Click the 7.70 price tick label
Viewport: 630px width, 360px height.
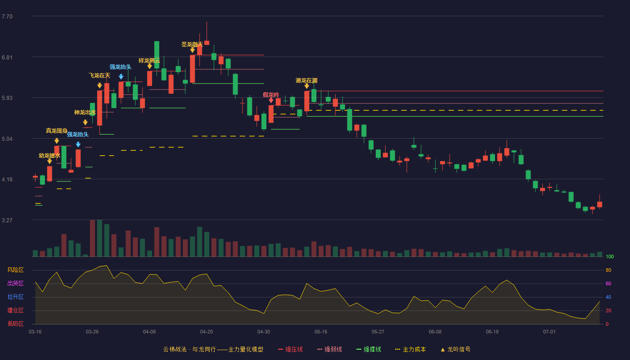coord(7,17)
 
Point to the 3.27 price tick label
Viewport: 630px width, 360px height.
coord(7,220)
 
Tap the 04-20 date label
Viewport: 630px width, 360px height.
coord(207,332)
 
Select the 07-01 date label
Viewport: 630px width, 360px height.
coord(549,332)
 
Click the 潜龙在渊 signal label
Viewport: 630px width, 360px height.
coord(306,81)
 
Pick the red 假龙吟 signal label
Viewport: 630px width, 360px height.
coord(271,95)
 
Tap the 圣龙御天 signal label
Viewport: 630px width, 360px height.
coord(192,45)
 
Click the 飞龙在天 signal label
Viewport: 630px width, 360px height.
coord(99,76)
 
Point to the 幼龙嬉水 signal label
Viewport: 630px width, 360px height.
coord(49,156)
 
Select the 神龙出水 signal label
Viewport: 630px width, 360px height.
coord(85,112)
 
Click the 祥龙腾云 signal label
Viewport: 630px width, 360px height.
coord(149,60)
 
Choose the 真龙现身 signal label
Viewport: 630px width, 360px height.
coord(57,131)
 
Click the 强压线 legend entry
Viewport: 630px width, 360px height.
coord(290,349)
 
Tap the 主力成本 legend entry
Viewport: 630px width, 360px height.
coord(410,349)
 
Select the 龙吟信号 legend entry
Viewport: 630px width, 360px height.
coord(455,349)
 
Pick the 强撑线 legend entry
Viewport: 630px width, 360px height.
coord(369,349)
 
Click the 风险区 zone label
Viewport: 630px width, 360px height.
coord(15,270)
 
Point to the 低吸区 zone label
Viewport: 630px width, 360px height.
coord(15,324)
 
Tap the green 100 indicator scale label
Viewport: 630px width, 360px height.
coord(610,256)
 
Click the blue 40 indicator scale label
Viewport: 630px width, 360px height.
coord(608,297)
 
